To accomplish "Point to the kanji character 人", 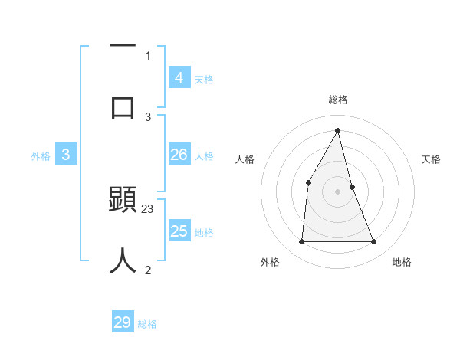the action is pyautogui.click(x=123, y=260).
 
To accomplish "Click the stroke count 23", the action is pyautogui.click(x=148, y=208).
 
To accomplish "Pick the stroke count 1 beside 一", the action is pyautogui.click(x=148, y=55).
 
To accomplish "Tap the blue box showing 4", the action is pyautogui.click(x=179, y=77).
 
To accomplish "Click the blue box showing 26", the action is pyautogui.click(x=179, y=155).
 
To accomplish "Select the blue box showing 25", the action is pyautogui.click(x=179, y=231).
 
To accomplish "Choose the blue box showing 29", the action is pyautogui.click(x=123, y=322).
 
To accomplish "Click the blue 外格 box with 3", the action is pyautogui.click(x=66, y=155).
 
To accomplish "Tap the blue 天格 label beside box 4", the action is pyautogui.click(x=204, y=79).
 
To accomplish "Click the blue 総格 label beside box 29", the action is pyautogui.click(x=148, y=324).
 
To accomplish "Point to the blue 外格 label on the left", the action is pyautogui.click(x=41, y=156).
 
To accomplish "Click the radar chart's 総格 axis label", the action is pyautogui.click(x=338, y=100).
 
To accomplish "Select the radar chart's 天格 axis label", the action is pyautogui.click(x=431, y=159).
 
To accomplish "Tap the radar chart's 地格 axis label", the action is pyautogui.click(x=402, y=262).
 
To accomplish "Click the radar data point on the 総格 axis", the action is pyautogui.click(x=338, y=130).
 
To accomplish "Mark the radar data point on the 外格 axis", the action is pyautogui.click(x=301, y=242).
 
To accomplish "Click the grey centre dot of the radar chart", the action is pyautogui.click(x=338, y=191).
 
